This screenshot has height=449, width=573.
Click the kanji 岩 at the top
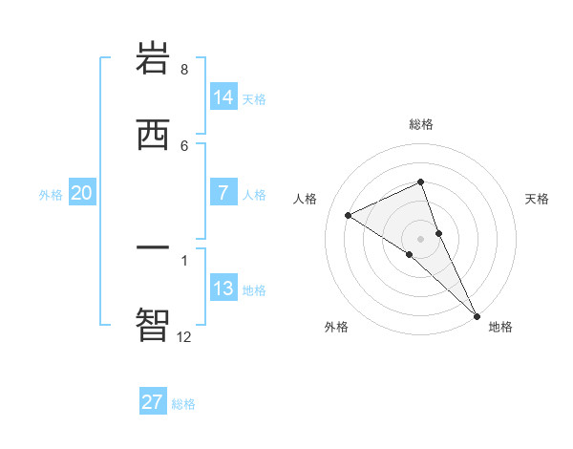pos(154,59)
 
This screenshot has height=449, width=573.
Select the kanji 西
pos(154,134)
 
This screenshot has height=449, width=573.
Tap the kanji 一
pos(154,248)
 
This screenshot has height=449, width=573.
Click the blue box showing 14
pos(223,96)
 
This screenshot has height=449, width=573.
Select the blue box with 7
pos(223,193)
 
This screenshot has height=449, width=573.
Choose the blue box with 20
pos(82,193)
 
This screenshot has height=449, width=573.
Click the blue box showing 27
pos(153,402)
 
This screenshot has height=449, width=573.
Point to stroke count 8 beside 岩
pos(184,70)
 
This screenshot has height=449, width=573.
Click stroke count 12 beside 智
pos(184,336)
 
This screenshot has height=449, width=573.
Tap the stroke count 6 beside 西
pos(184,145)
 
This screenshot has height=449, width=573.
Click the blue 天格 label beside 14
pos(254,98)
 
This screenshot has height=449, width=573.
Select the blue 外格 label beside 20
pos(51,195)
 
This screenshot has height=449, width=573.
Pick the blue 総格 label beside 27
pos(183,404)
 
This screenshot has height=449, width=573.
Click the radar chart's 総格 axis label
pos(421,124)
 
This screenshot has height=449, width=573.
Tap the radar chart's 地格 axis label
pos(500,327)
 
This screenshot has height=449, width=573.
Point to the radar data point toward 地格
pos(477,314)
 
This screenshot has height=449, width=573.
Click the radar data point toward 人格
pos(349,215)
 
